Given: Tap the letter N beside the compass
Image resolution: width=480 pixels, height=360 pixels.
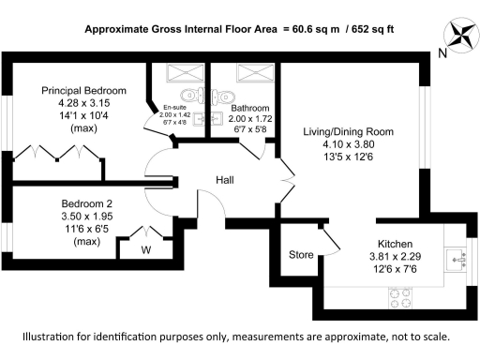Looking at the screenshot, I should pyautogui.click(x=441, y=54).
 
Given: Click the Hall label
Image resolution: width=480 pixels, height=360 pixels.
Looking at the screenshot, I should pyautogui.click(x=225, y=178).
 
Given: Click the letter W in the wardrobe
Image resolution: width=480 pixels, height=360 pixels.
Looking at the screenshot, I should pyautogui.click(x=146, y=249).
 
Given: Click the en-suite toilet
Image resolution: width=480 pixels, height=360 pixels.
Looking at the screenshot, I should pyautogui.click(x=192, y=94).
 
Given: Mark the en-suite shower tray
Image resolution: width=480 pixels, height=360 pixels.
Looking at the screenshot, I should pyautogui.click(x=178, y=74).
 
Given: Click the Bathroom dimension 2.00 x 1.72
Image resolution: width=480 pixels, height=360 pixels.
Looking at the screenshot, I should pyautogui.click(x=250, y=121).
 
